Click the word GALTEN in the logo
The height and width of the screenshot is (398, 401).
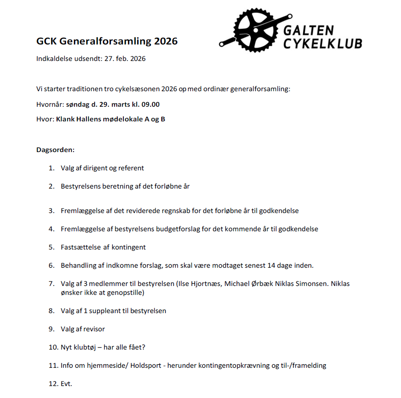pos(308,30)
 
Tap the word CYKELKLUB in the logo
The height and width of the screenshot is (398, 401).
pos(323,43)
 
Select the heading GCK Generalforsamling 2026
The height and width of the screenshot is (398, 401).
pos(107,41)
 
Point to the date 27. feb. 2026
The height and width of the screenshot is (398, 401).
pos(125,59)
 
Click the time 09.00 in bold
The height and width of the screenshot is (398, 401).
pos(151,105)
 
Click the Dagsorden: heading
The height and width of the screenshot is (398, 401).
pos(55,150)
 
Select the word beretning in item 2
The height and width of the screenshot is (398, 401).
pos(118,186)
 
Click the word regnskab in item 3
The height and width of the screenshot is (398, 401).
pos(189,211)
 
